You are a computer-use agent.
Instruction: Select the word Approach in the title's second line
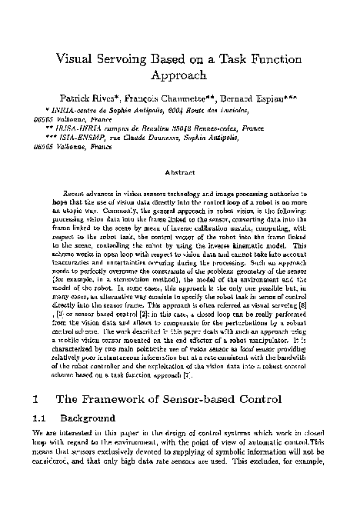180,76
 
